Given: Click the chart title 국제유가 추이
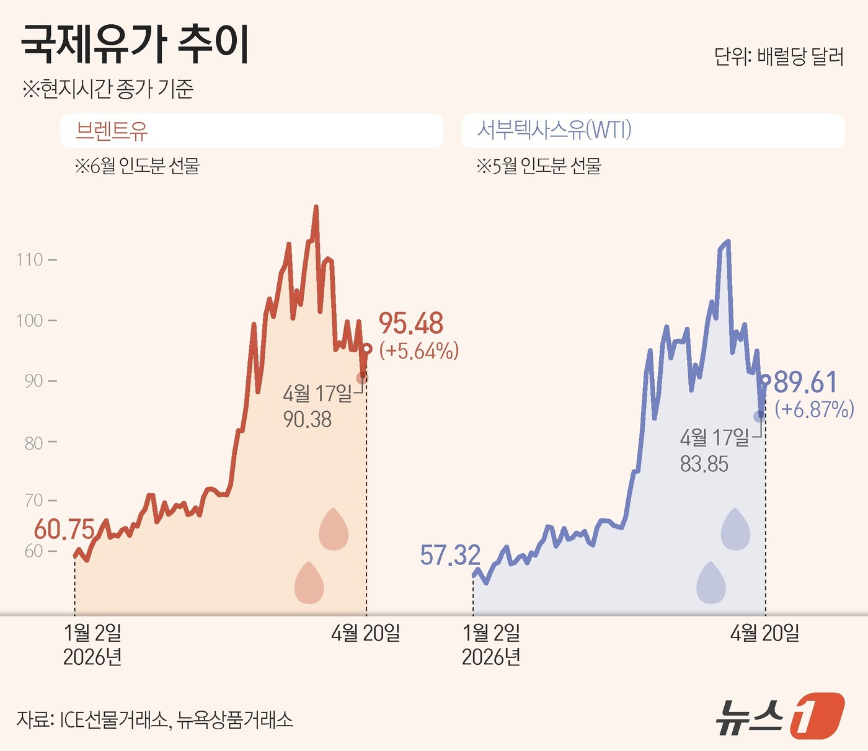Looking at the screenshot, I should click(x=135, y=45).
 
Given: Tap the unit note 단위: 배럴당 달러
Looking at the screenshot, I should click(x=779, y=57).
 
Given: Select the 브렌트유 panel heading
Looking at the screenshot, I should click(x=112, y=131).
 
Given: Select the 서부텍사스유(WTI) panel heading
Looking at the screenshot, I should click(x=554, y=130).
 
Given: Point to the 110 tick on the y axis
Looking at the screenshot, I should click(x=30, y=259).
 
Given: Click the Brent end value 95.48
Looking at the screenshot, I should click(x=411, y=324).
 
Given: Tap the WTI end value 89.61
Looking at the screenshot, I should click(x=805, y=383).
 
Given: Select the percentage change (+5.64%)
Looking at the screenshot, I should click(x=419, y=351).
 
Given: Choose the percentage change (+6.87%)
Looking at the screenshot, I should click(x=814, y=409).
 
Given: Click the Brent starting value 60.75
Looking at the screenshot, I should click(x=64, y=530).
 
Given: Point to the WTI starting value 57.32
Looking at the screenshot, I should click(x=450, y=556).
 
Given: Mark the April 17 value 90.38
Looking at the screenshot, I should click(x=308, y=420).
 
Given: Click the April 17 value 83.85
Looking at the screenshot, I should click(x=704, y=464).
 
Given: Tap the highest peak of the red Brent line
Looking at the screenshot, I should click(x=316, y=207).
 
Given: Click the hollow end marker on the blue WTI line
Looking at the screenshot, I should click(x=766, y=380).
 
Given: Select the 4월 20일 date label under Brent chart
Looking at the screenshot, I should click(x=366, y=633).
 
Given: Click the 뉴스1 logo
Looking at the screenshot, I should click(x=780, y=716).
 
